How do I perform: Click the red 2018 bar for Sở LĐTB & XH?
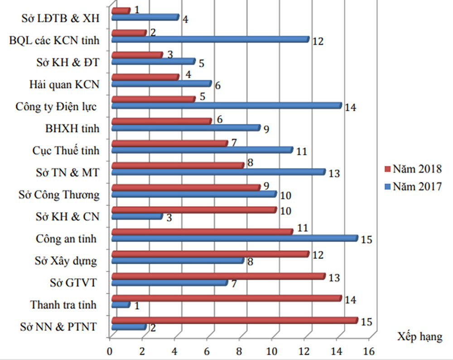120,10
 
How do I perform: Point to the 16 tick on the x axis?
370,351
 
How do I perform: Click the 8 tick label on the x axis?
239,351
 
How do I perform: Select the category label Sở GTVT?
73,283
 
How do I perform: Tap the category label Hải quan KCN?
63,84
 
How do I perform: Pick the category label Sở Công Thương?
59,195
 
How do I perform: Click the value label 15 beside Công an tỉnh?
366,239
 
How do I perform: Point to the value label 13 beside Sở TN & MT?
334,173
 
